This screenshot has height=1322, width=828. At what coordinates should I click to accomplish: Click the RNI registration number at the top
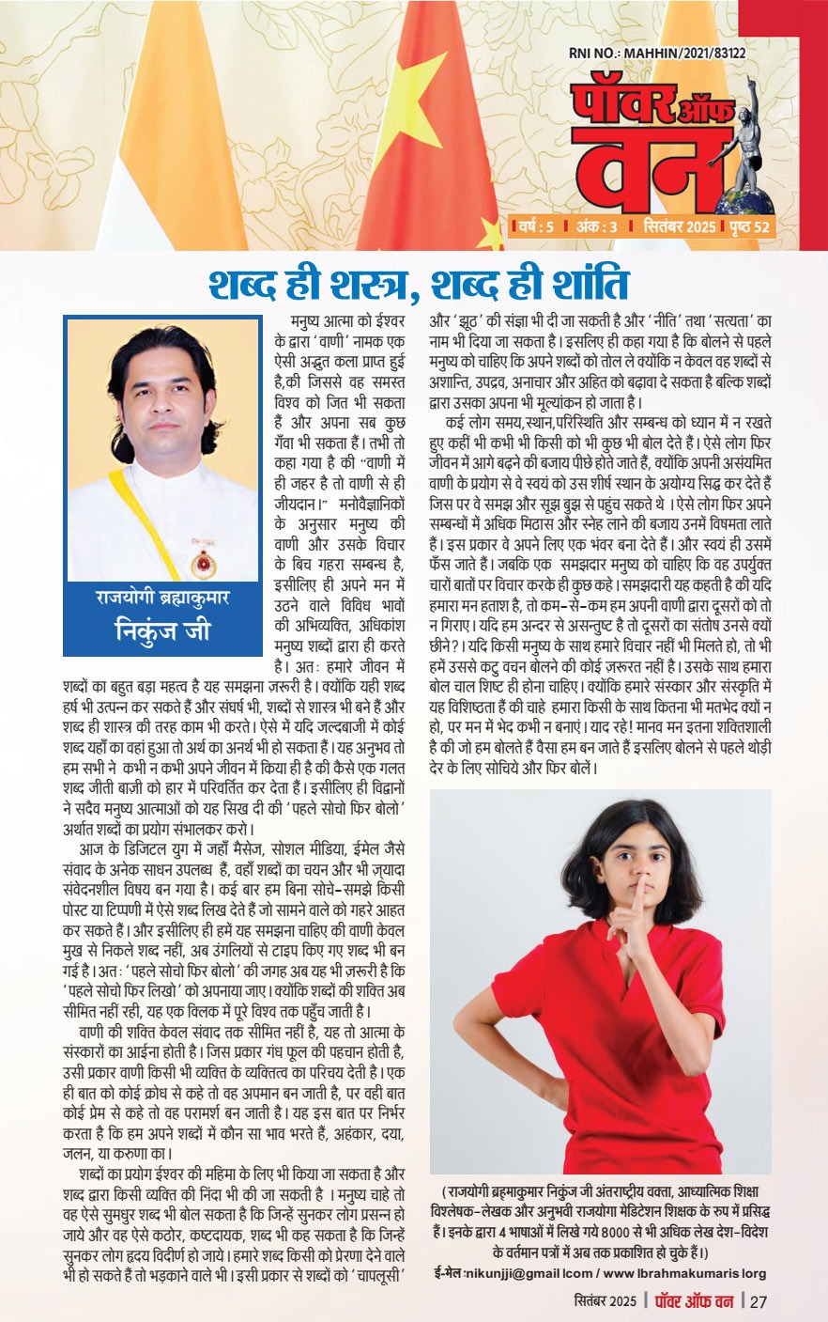pos(656,54)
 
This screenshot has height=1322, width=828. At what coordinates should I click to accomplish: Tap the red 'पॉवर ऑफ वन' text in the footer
pos(693,1301)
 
